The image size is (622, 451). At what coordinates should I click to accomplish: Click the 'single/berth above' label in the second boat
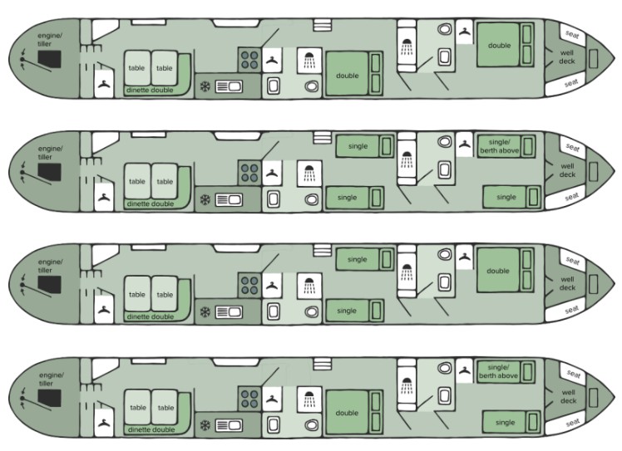coord(499,146)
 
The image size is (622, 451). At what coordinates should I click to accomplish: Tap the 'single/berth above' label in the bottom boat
coord(498,371)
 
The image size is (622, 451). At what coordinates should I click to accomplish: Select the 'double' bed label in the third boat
coord(498,271)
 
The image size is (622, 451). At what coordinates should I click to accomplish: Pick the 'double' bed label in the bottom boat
coord(347,413)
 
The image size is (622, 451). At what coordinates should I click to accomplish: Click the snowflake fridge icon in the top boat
coord(205,86)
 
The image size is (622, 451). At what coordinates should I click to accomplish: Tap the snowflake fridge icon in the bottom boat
coord(205,425)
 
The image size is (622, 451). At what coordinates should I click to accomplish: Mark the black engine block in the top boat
coord(50,59)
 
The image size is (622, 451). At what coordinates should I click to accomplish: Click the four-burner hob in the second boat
coord(249,173)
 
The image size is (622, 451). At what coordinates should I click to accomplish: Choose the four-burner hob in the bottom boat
coord(249,399)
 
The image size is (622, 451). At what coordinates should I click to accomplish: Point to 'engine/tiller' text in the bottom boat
coord(52,380)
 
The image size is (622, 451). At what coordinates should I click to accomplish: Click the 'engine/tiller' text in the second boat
coord(50,153)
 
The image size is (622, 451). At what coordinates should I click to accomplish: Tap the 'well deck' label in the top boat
coord(567,57)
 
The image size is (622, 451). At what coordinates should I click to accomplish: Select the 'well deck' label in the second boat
coord(567,170)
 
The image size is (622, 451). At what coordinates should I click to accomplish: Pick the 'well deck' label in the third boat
coord(567,283)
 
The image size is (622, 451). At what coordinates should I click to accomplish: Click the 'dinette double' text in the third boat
coord(151,316)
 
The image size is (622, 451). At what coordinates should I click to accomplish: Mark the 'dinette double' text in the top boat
coord(150,91)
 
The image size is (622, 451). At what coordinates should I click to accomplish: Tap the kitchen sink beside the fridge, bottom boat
coord(229,426)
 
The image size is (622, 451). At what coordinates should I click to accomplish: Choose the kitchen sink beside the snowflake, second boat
coord(229,199)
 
